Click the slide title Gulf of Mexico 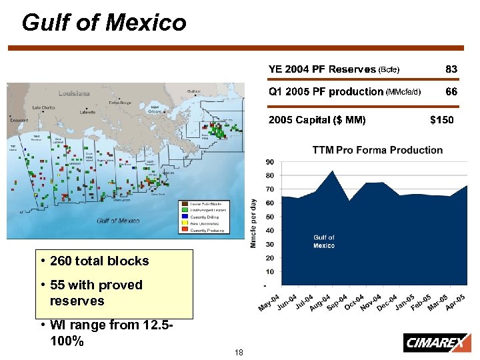(x=104, y=23)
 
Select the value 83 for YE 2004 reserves (x=451, y=69)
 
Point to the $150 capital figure (x=441, y=120)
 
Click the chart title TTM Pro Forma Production (x=377, y=150)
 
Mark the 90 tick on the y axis (x=270, y=162)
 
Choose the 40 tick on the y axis (x=270, y=231)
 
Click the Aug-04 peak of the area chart (x=332, y=171)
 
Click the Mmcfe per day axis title (x=254, y=223)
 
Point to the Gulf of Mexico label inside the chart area (x=324, y=241)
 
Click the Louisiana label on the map (x=73, y=94)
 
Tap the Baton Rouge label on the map (x=121, y=103)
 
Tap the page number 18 (x=239, y=351)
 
